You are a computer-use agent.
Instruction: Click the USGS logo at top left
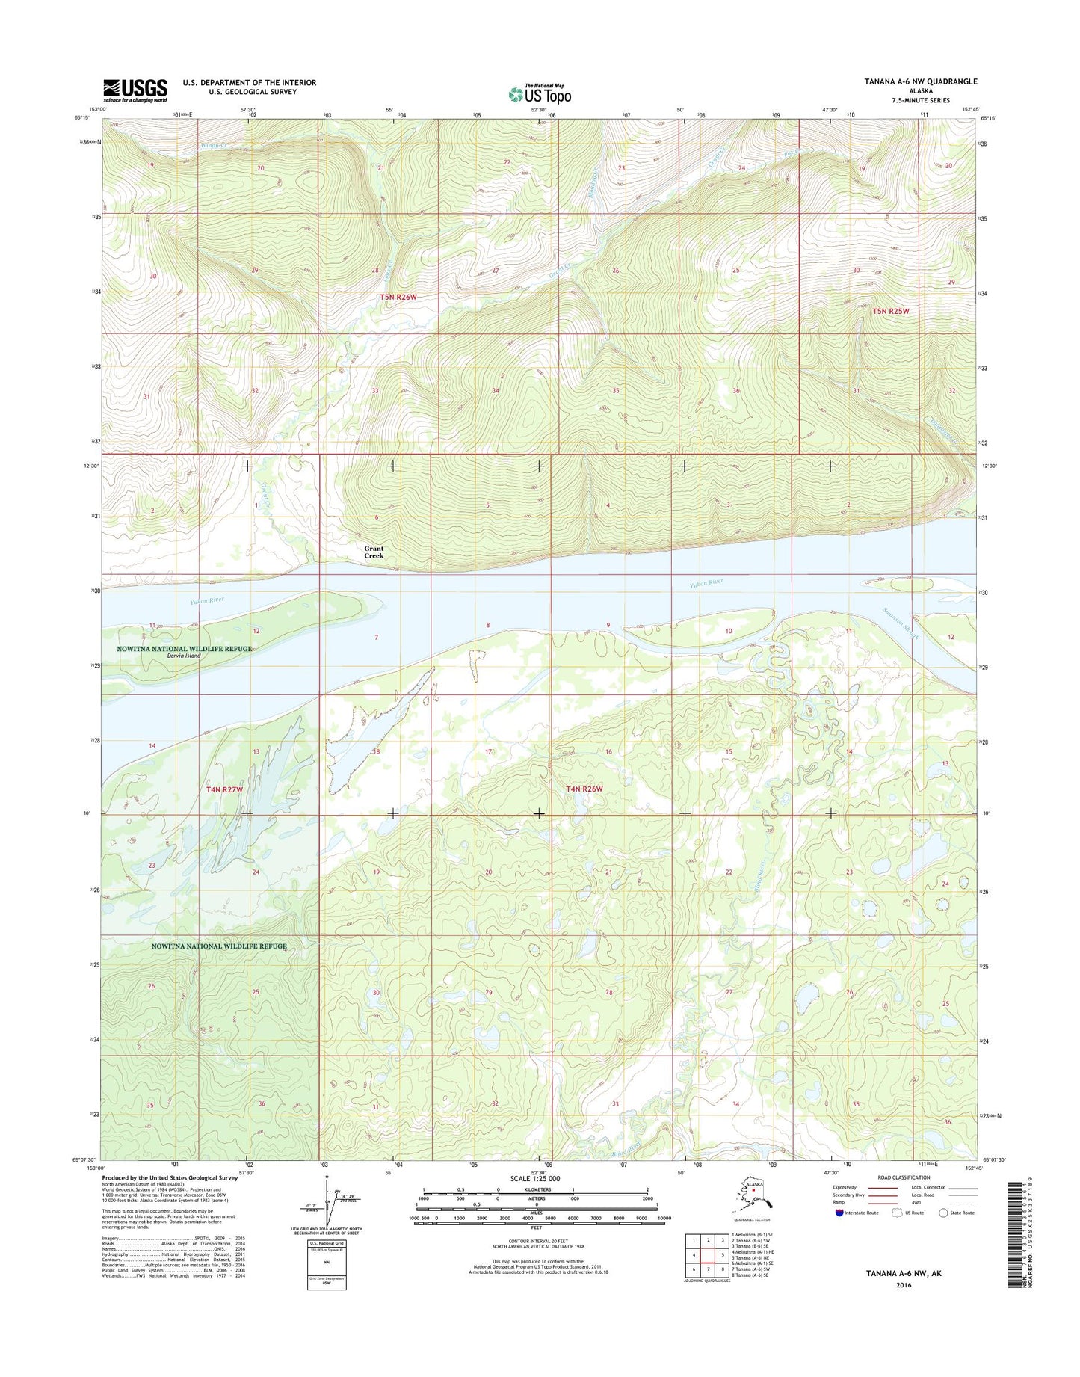[135, 90]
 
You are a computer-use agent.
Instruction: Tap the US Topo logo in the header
[540, 94]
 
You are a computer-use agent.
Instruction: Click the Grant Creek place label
[374, 552]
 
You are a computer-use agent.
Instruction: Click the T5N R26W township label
[398, 297]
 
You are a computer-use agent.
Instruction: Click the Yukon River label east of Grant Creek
[706, 582]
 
